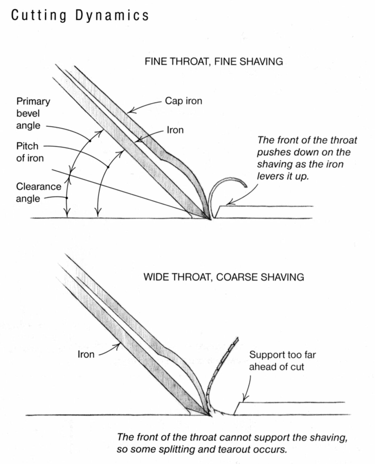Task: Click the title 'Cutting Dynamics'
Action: [x=80, y=15]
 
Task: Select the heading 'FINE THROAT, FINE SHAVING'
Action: [x=213, y=61]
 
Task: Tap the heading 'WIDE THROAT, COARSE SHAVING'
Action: [x=223, y=277]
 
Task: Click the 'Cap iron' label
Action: [x=183, y=101]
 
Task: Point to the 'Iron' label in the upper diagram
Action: [x=175, y=130]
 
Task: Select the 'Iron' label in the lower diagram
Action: [x=86, y=354]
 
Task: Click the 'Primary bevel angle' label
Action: [x=33, y=113]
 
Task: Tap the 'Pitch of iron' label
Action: [x=30, y=152]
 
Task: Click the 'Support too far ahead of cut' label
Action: [x=282, y=361]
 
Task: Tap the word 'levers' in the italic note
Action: [x=270, y=176]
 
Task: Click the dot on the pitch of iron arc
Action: [x=108, y=167]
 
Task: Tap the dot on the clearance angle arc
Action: [x=67, y=198]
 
